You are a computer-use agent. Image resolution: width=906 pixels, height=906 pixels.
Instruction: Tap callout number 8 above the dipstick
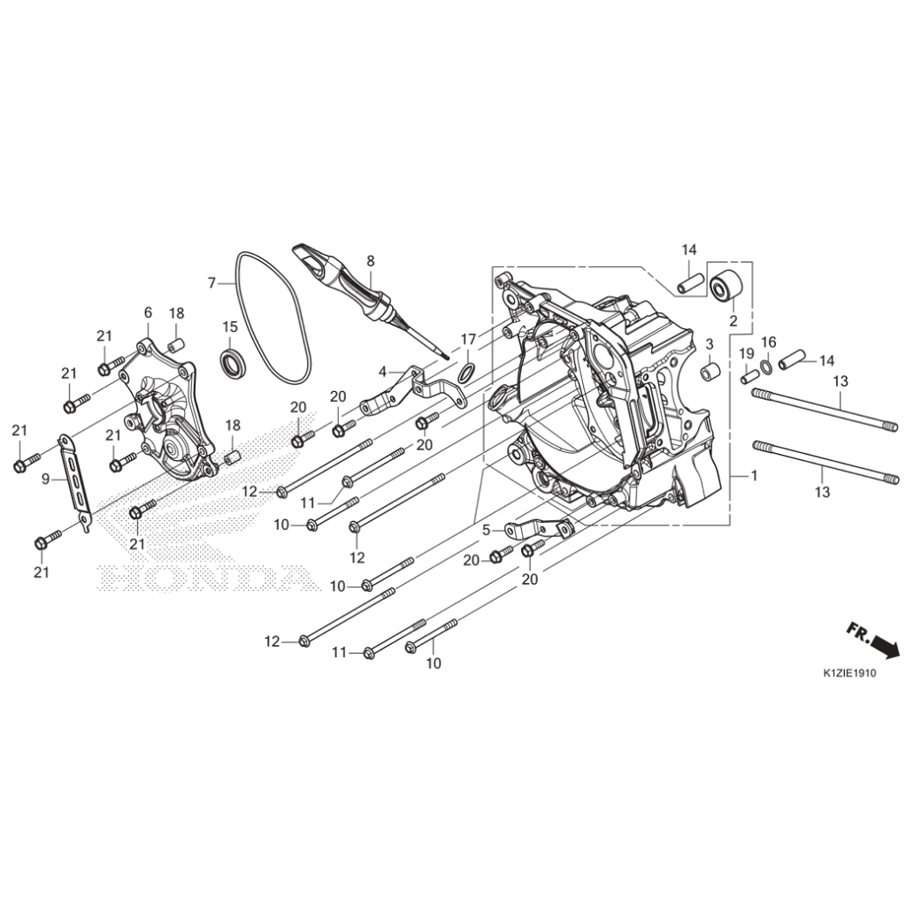370,261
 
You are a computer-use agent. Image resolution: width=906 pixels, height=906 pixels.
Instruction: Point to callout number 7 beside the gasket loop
211,283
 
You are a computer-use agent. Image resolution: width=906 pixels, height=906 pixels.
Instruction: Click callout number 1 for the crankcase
754,476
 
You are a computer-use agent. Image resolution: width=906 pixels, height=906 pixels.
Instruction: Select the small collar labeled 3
709,372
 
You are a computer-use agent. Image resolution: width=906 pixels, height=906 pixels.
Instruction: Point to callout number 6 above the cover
148,312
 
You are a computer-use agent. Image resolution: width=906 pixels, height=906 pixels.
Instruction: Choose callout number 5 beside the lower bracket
486,530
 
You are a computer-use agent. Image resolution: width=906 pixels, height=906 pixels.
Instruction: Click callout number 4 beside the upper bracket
382,371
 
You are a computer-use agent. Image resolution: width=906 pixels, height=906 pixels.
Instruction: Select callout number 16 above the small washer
768,342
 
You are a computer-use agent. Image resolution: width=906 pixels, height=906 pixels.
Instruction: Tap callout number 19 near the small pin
746,354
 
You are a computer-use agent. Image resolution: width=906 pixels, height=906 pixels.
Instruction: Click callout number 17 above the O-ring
468,338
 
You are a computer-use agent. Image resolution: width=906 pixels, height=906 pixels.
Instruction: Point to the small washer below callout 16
765,363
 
